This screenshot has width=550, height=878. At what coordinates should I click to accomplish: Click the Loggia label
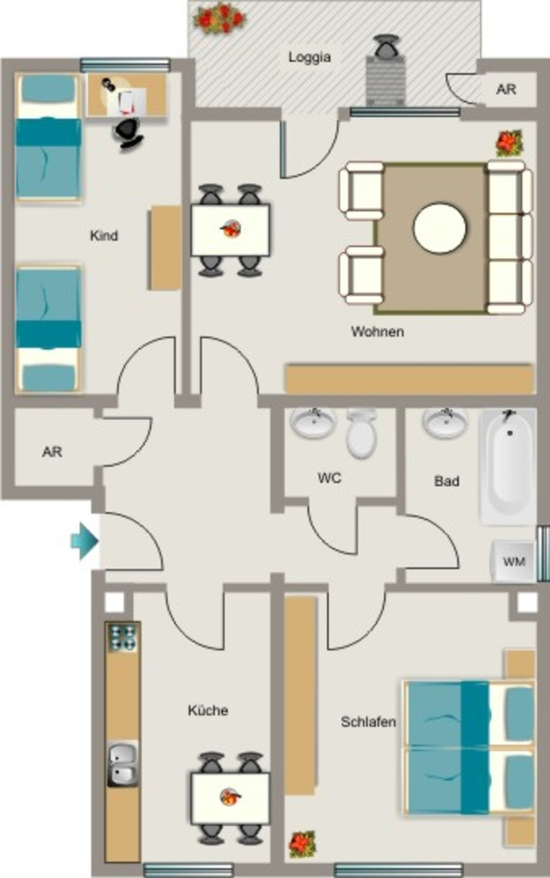[x=309, y=57]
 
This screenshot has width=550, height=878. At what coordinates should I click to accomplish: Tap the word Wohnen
[x=378, y=332]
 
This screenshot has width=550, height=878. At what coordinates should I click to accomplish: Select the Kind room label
[x=104, y=235]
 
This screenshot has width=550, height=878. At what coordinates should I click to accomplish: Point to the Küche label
[x=208, y=710]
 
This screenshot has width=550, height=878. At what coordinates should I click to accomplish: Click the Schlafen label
[x=369, y=722]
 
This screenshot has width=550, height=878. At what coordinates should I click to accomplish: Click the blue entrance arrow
[x=85, y=542]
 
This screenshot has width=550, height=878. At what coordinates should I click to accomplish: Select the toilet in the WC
[x=360, y=433]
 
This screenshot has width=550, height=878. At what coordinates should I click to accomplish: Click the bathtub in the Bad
[x=507, y=466]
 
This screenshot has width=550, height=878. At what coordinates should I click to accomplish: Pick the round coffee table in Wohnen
[x=439, y=228]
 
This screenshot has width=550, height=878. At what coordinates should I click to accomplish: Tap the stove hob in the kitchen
[x=123, y=637]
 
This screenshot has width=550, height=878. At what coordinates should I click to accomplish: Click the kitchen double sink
[x=123, y=764]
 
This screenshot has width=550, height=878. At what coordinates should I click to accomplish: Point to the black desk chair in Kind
[x=128, y=133]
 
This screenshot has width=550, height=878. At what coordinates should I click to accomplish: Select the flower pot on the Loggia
[x=220, y=19]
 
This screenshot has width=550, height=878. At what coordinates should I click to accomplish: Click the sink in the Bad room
[x=445, y=423]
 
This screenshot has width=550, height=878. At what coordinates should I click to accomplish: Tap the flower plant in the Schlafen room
[x=302, y=845]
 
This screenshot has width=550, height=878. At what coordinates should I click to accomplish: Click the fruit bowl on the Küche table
[x=230, y=797]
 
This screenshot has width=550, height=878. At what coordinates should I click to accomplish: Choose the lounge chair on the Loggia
[x=386, y=72]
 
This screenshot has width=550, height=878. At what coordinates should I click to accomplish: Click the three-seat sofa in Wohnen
[x=509, y=237]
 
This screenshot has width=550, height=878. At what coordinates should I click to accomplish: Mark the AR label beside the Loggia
[x=505, y=89]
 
